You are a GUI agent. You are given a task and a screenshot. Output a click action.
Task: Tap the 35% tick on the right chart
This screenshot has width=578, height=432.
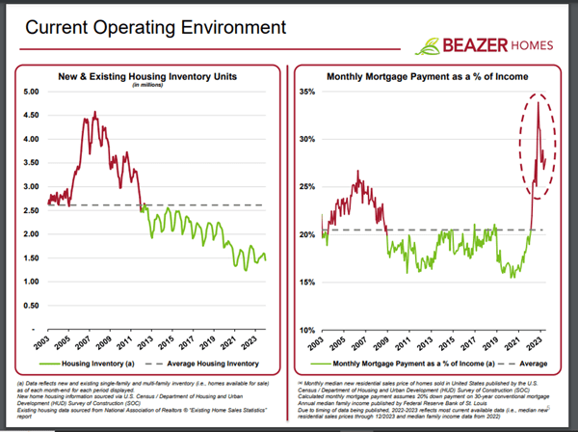tap(306, 92)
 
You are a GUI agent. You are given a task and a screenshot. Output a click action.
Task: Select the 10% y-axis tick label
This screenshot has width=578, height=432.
tap(306, 330)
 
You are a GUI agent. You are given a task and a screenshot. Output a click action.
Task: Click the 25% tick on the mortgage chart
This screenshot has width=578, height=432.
tap(306, 187)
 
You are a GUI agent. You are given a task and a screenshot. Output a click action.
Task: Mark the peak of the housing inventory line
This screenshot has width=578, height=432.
tap(92, 114)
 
